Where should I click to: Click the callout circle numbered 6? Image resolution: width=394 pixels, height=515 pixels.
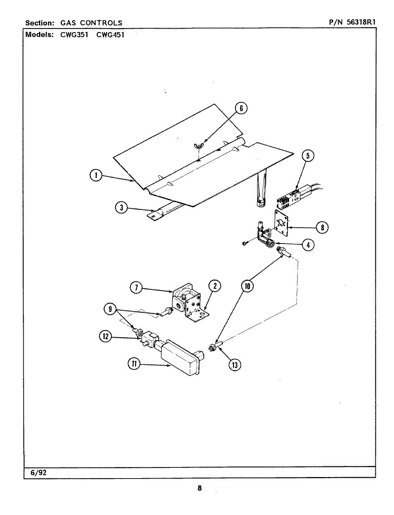point(241,108)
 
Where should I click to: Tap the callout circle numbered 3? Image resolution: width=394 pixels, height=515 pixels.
point(122,208)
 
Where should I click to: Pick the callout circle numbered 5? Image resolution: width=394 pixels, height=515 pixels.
point(308,156)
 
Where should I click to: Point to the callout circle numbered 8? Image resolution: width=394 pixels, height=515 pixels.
point(322,227)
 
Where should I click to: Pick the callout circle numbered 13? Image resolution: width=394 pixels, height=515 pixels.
point(235,364)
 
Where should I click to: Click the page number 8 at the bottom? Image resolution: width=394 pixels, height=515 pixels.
point(200,488)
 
